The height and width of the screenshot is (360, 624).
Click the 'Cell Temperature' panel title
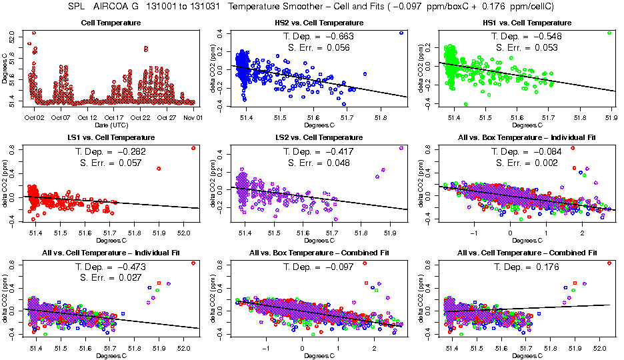click(x=111, y=23)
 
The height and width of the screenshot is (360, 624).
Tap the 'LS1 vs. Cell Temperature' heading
click(x=111, y=137)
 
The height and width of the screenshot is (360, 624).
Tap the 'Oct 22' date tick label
click(x=141, y=117)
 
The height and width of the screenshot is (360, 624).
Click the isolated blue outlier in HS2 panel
click(x=401, y=33)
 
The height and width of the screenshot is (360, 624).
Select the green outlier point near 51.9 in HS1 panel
click(x=609, y=33)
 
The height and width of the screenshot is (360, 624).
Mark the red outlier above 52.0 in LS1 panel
click(x=193, y=148)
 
